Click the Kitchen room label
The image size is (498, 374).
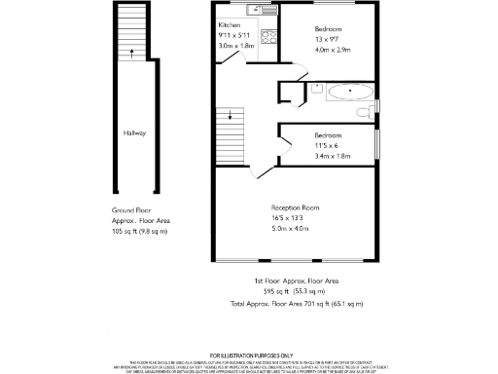click(x=230, y=25)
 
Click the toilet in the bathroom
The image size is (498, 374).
click(x=364, y=112)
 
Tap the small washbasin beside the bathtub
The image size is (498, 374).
click(x=317, y=87)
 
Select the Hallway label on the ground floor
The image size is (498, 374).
click(x=134, y=132)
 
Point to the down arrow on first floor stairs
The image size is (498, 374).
click(x=231, y=118)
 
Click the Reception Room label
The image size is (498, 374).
click(x=295, y=207)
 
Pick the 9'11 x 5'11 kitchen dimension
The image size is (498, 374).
click(x=233, y=35)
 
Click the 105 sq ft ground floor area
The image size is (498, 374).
click(x=139, y=231)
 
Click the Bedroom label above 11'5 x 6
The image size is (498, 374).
click(x=328, y=134)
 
